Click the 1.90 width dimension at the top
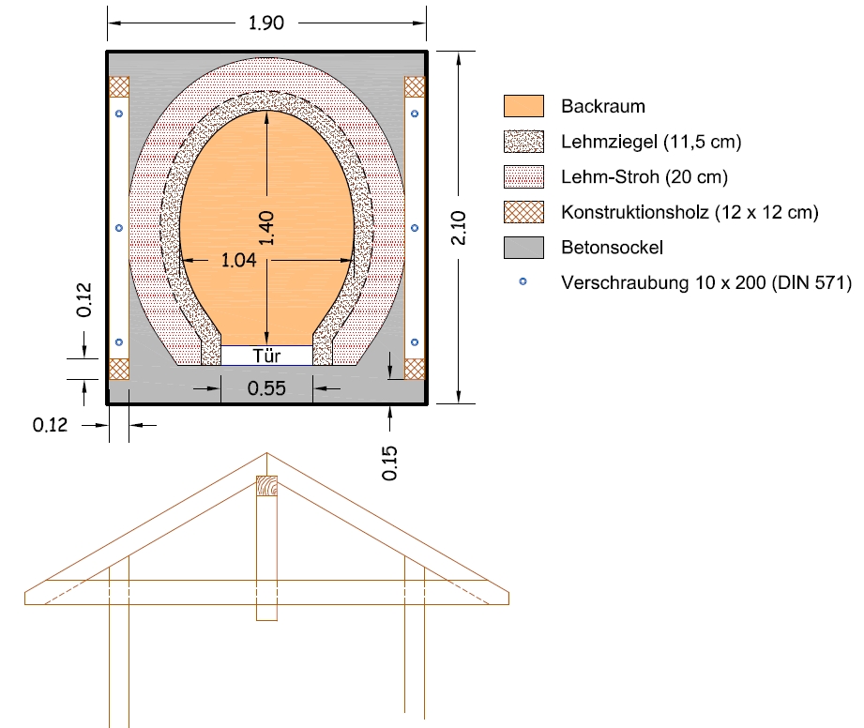point(266,23)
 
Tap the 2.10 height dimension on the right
point(459,228)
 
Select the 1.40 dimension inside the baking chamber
point(266,228)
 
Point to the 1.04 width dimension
point(238,260)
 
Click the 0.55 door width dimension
point(266,388)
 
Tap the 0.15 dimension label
point(389,463)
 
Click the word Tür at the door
point(266,356)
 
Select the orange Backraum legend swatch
point(523,106)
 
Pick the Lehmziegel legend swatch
point(523,142)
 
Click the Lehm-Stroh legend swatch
point(523,177)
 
